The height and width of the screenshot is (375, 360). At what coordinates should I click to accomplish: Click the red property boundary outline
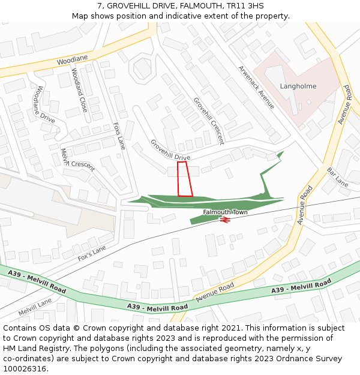pos(185,179)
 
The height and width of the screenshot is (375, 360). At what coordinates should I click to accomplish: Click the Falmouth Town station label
pos(225,212)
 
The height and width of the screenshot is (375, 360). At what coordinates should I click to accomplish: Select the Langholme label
pos(298,86)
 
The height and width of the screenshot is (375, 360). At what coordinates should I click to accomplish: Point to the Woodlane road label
pos(72,60)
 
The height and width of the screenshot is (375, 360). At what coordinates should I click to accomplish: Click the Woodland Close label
pos(80,90)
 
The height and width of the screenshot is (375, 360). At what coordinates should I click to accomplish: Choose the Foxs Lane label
pos(119,136)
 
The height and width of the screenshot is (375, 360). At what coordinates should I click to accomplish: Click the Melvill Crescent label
pos(78,160)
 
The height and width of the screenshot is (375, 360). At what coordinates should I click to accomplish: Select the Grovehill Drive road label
pos(170,151)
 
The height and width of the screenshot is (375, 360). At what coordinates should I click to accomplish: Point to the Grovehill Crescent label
pos(208,121)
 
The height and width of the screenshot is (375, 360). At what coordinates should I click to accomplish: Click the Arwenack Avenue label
pos(256,88)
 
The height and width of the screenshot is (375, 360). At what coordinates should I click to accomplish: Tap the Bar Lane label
pos(338,178)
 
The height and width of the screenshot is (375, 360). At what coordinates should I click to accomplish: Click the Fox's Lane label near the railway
pos(92,253)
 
